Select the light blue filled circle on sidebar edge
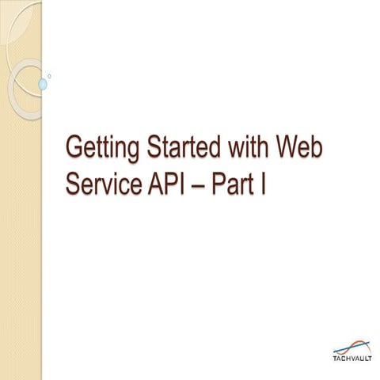click(x=43, y=83)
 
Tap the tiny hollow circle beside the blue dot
click(x=50, y=77)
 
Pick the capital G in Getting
click(x=74, y=148)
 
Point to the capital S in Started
click(x=140, y=148)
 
